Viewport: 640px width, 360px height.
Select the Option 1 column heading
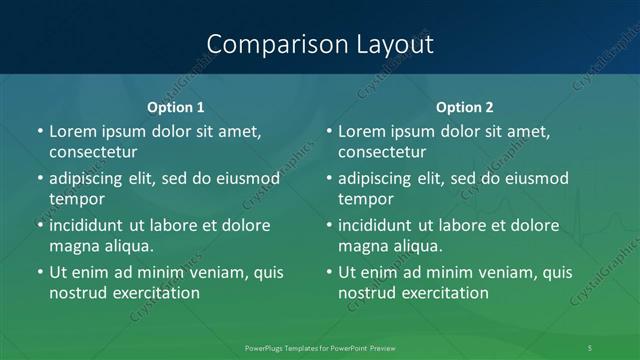pyautogui.click(x=176, y=107)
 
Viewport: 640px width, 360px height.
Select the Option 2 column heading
pyautogui.click(x=465, y=107)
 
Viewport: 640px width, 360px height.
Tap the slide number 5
pyautogui.click(x=590, y=347)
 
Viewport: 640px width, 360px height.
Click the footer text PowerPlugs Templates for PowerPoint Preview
pyautogui.click(x=320, y=347)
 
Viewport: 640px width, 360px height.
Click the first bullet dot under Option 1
pyautogui.click(x=39, y=131)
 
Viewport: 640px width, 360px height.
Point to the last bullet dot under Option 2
pyautogui.click(x=328, y=272)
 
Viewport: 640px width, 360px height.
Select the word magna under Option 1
pyautogui.click(x=72, y=246)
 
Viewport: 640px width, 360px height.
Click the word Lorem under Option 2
pyautogui.click(x=361, y=131)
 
